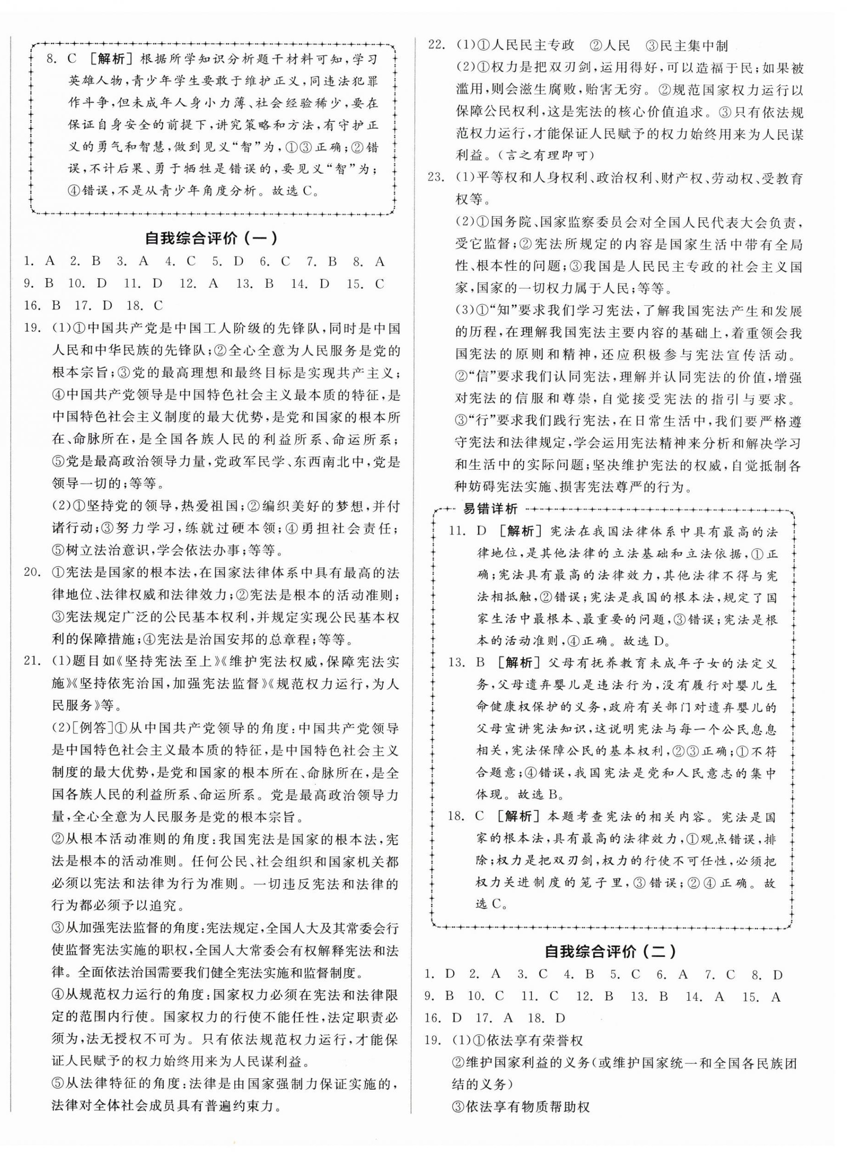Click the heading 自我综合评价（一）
(211, 238)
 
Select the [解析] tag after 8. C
(110, 59)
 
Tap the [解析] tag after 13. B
(519, 663)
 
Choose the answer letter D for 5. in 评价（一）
(238, 262)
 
